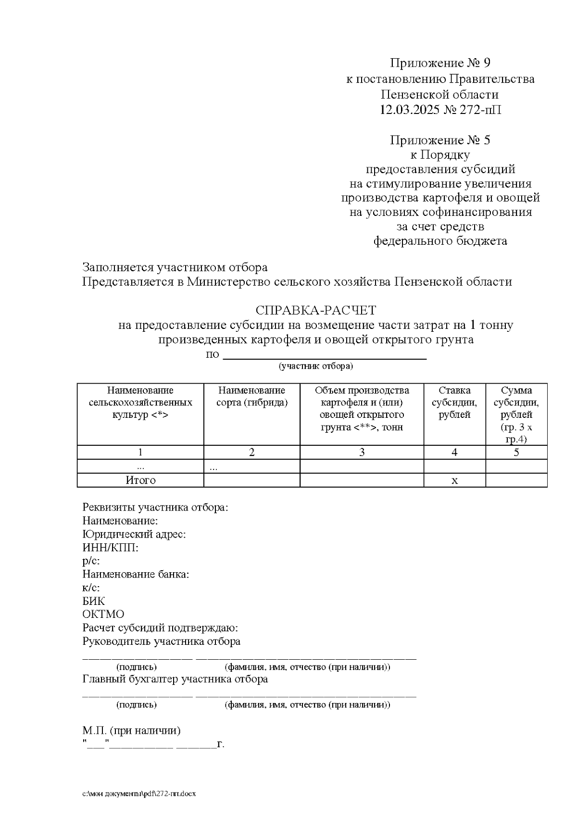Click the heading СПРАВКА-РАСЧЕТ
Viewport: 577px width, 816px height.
[x=315, y=310]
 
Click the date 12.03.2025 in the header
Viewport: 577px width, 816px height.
[x=409, y=110]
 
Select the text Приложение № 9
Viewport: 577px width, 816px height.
[x=439, y=63]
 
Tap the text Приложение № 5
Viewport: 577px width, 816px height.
[x=439, y=140]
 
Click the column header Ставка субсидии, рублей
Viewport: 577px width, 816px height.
[x=454, y=402]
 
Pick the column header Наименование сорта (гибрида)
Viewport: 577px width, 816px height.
[x=251, y=397]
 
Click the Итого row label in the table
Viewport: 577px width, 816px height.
[x=140, y=480]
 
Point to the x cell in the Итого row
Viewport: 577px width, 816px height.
[x=454, y=480]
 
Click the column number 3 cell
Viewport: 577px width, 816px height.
[x=362, y=452]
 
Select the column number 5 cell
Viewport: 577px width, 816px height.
[x=516, y=452]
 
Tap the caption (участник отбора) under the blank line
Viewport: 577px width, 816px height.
[x=316, y=366]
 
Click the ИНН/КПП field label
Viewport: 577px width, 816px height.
[x=111, y=548]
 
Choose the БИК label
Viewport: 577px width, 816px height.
[x=94, y=601]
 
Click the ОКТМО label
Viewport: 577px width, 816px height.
[x=103, y=615]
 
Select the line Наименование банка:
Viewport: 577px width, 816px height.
[x=136, y=574]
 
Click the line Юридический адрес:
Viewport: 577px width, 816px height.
[x=134, y=534]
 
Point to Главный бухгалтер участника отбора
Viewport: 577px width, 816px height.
[x=175, y=679]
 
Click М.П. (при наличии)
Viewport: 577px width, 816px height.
[x=131, y=731]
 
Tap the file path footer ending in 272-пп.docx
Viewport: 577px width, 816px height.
[x=139, y=794]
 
